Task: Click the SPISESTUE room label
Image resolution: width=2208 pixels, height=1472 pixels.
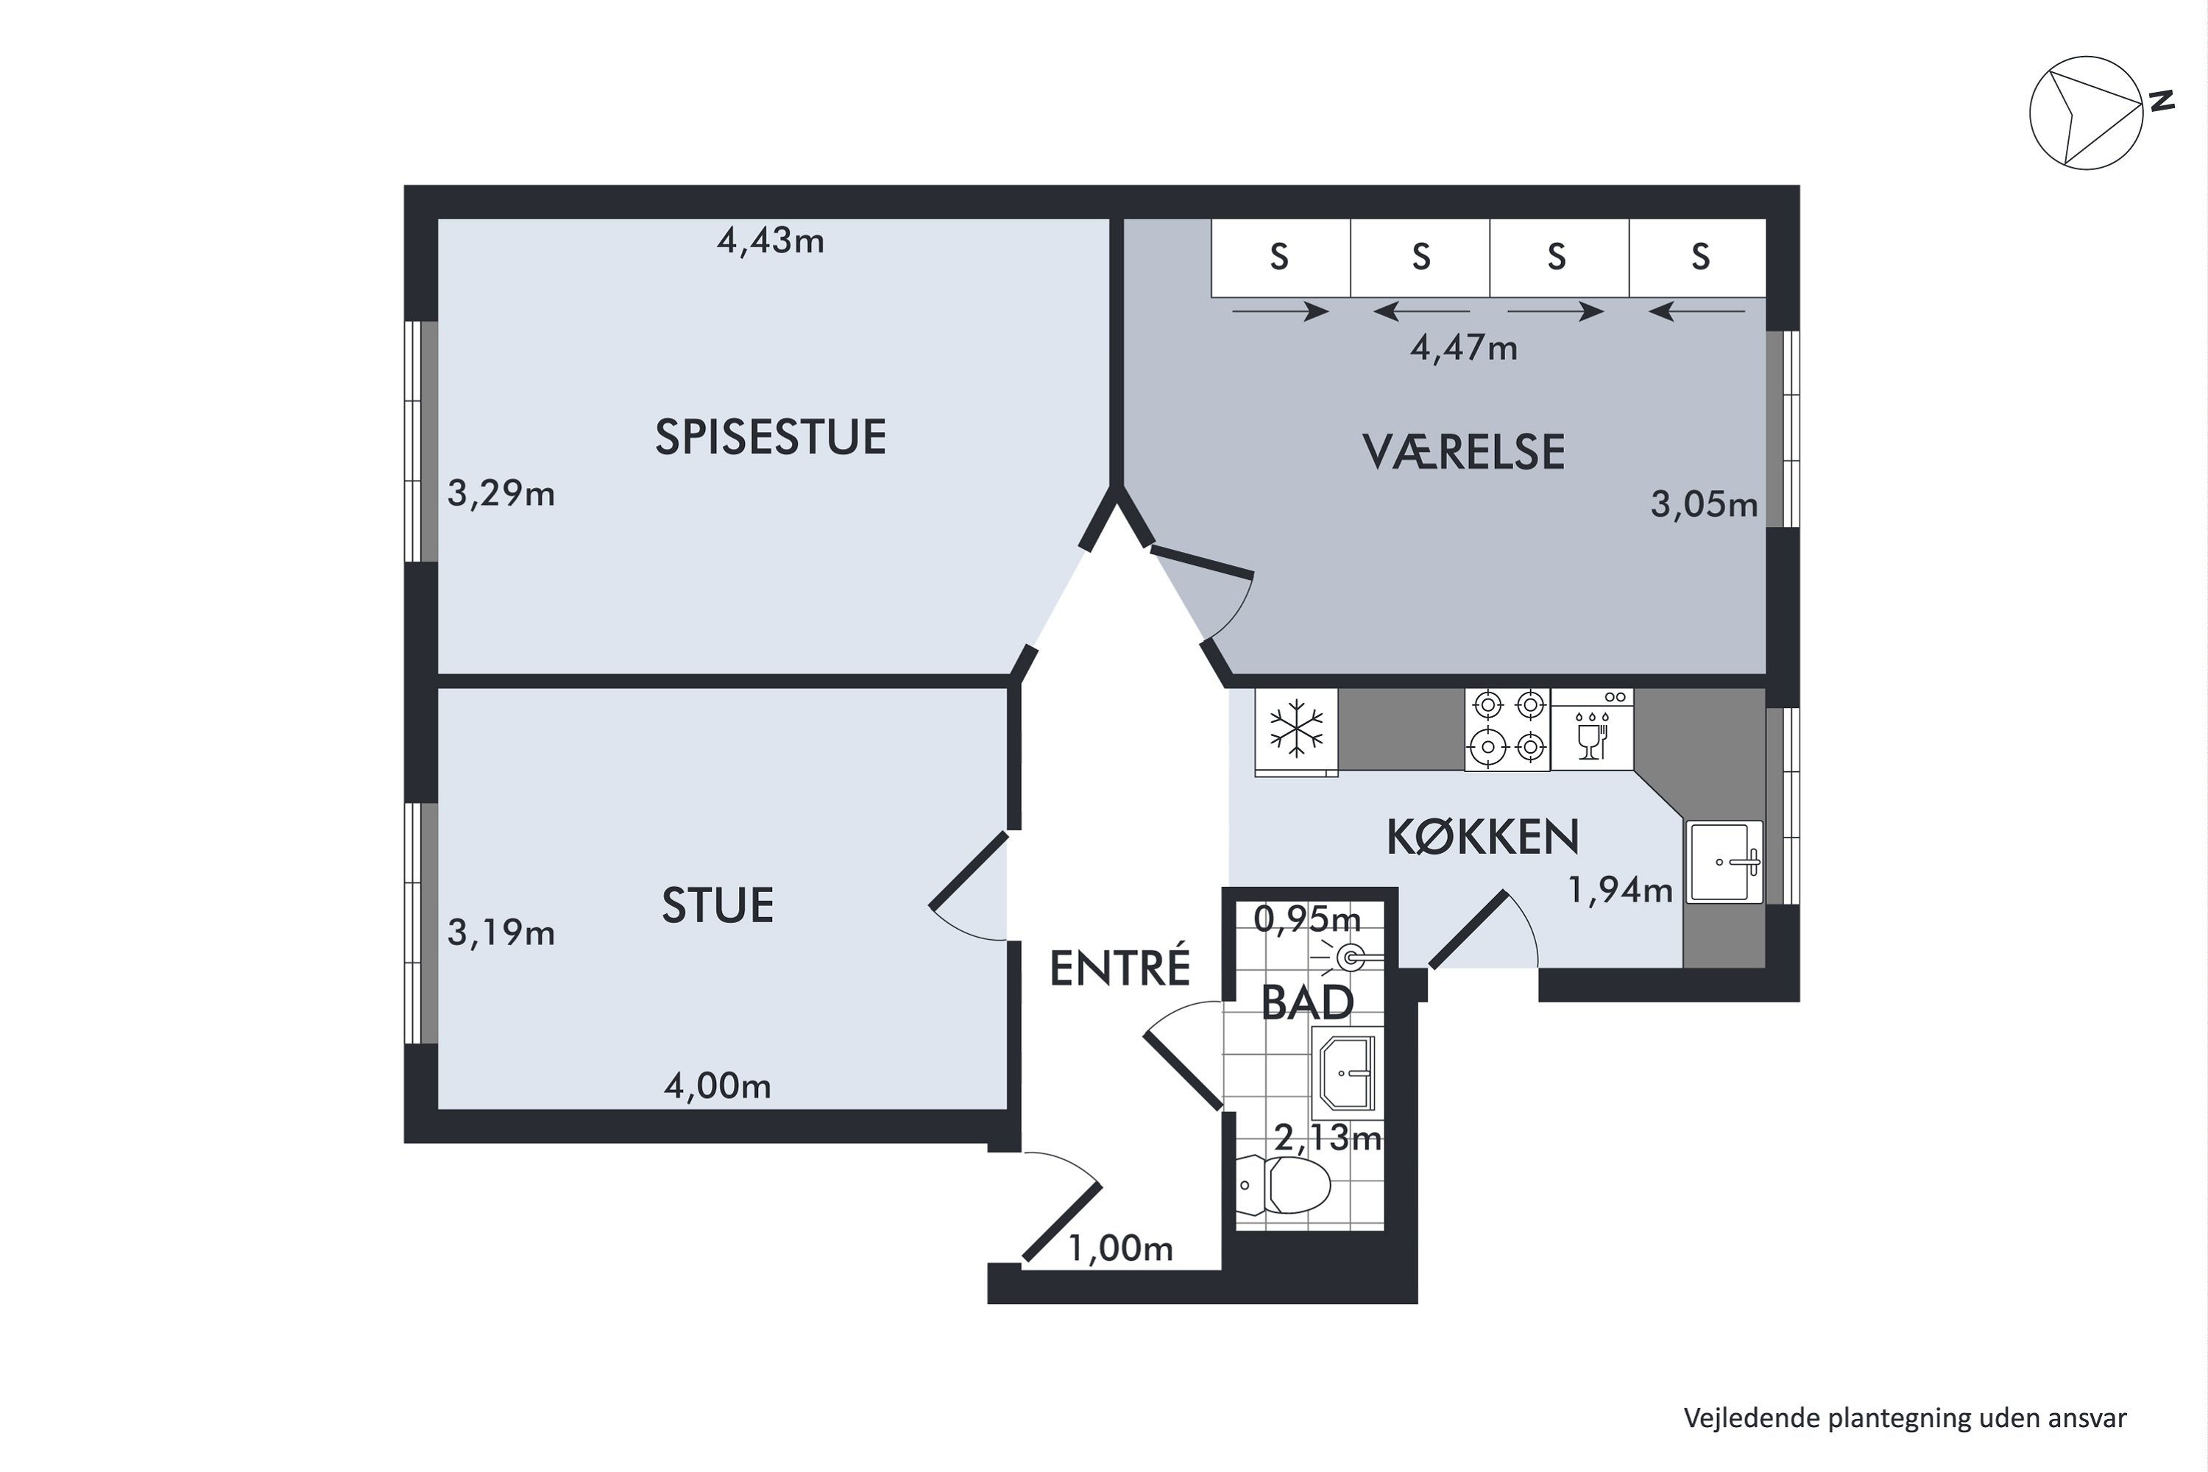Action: pos(770,437)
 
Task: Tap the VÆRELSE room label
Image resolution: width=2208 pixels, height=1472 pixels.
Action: pos(1462,453)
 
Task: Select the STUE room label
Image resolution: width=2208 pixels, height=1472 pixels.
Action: pos(717,906)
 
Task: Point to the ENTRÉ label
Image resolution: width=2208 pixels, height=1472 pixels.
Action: pos(1119,969)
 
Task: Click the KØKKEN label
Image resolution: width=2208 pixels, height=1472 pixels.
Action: pos(1482,838)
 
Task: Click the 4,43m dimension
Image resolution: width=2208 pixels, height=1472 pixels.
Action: pos(770,241)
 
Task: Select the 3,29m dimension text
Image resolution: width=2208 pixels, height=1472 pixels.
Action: pos(500,494)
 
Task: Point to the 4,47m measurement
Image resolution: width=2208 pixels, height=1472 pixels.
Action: pos(1462,348)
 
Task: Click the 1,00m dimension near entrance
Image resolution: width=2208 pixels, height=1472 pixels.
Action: pos(1120,1248)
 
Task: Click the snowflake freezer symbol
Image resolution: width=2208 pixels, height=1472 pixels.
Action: pos(1295,729)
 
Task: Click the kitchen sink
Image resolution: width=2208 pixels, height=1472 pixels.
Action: pos(1723,861)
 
